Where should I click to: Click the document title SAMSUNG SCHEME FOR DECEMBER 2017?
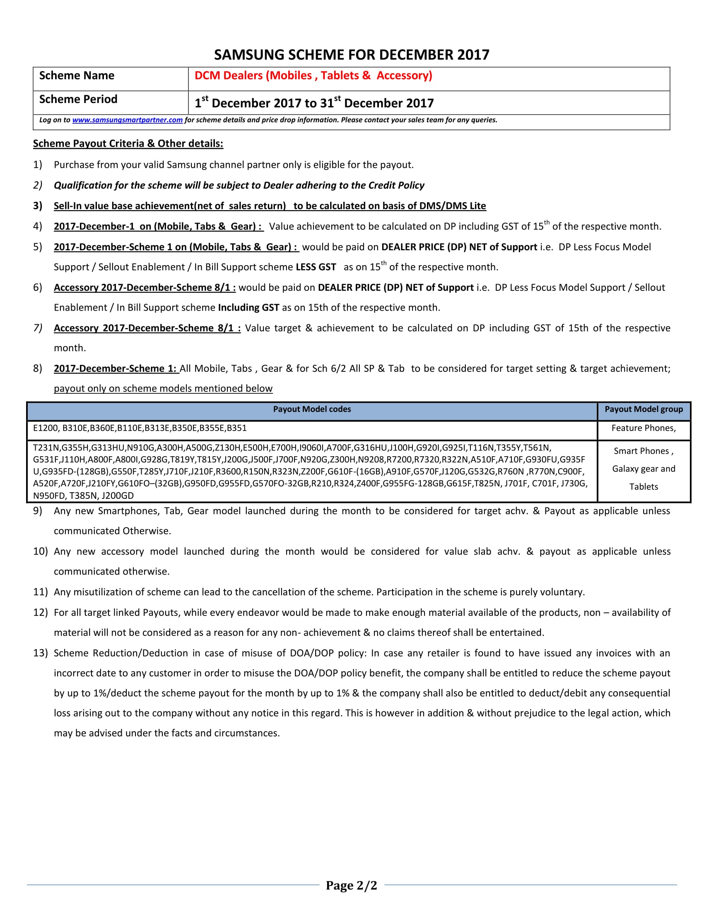click(x=351, y=55)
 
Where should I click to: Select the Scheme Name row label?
click(x=77, y=75)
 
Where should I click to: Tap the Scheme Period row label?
click(x=78, y=99)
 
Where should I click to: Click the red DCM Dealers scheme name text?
click(x=313, y=75)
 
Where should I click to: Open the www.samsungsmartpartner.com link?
click(x=127, y=120)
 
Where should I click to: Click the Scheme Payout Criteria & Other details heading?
click(x=128, y=144)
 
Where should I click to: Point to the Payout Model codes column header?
click(x=311, y=409)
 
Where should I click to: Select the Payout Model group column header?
click(x=644, y=409)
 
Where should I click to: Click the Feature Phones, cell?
click(x=644, y=428)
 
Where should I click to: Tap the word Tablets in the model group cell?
click(x=644, y=487)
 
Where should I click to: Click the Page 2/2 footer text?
click(x=351, y=885)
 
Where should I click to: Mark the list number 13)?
click(x=41, y=653)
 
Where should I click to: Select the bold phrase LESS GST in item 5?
click(x=316, y=267)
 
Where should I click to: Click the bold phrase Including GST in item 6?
click(x=248, y=307)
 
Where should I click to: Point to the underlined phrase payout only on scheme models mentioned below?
click(x=163, y=388)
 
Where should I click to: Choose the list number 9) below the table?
click(x=38, y=511)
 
